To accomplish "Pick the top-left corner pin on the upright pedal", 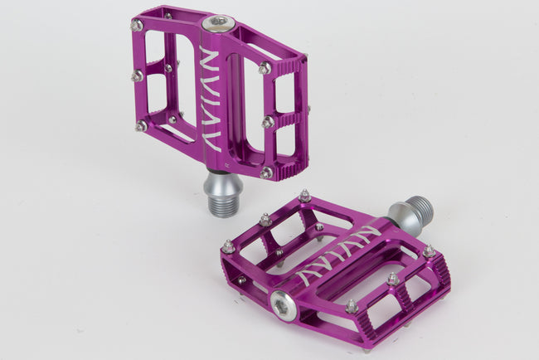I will click(x=137, y=26).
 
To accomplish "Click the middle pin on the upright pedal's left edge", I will click(x=137, y=76).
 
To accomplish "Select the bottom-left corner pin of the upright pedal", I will click(x=142, y=126).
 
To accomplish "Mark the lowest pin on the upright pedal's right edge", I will click(x=265, y=173).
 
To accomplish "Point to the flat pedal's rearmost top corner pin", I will click(x=305, y=196).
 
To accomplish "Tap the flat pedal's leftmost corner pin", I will click(x=227, y=246).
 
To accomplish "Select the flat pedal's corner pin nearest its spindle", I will click(x=429, y=251).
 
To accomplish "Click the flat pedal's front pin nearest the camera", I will click(x=352, y=307).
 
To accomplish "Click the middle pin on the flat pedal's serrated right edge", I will click(x=392, y=280).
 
